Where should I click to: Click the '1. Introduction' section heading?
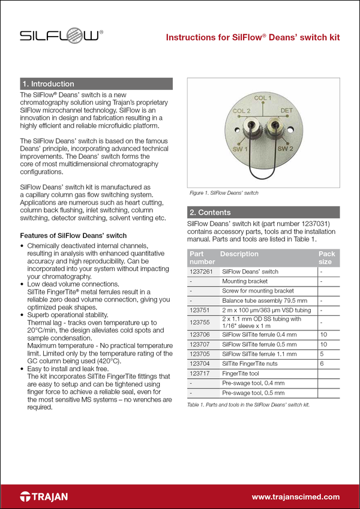click(x=48, y=84)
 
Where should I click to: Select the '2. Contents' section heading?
click(x=209, y=212)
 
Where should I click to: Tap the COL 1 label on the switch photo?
click(x=263, y=98)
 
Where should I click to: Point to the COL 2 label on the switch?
click(x=241, y=111)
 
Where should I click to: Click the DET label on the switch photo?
click(x=287, y=111)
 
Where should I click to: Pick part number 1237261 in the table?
click(x=201, y=272)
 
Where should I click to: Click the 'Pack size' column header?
click(x=326, y=258)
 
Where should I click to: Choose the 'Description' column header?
click(x=239, y=254)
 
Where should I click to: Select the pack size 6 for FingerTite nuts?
click(x=322, y=363)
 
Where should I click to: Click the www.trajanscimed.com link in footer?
click(x=295, y=497)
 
